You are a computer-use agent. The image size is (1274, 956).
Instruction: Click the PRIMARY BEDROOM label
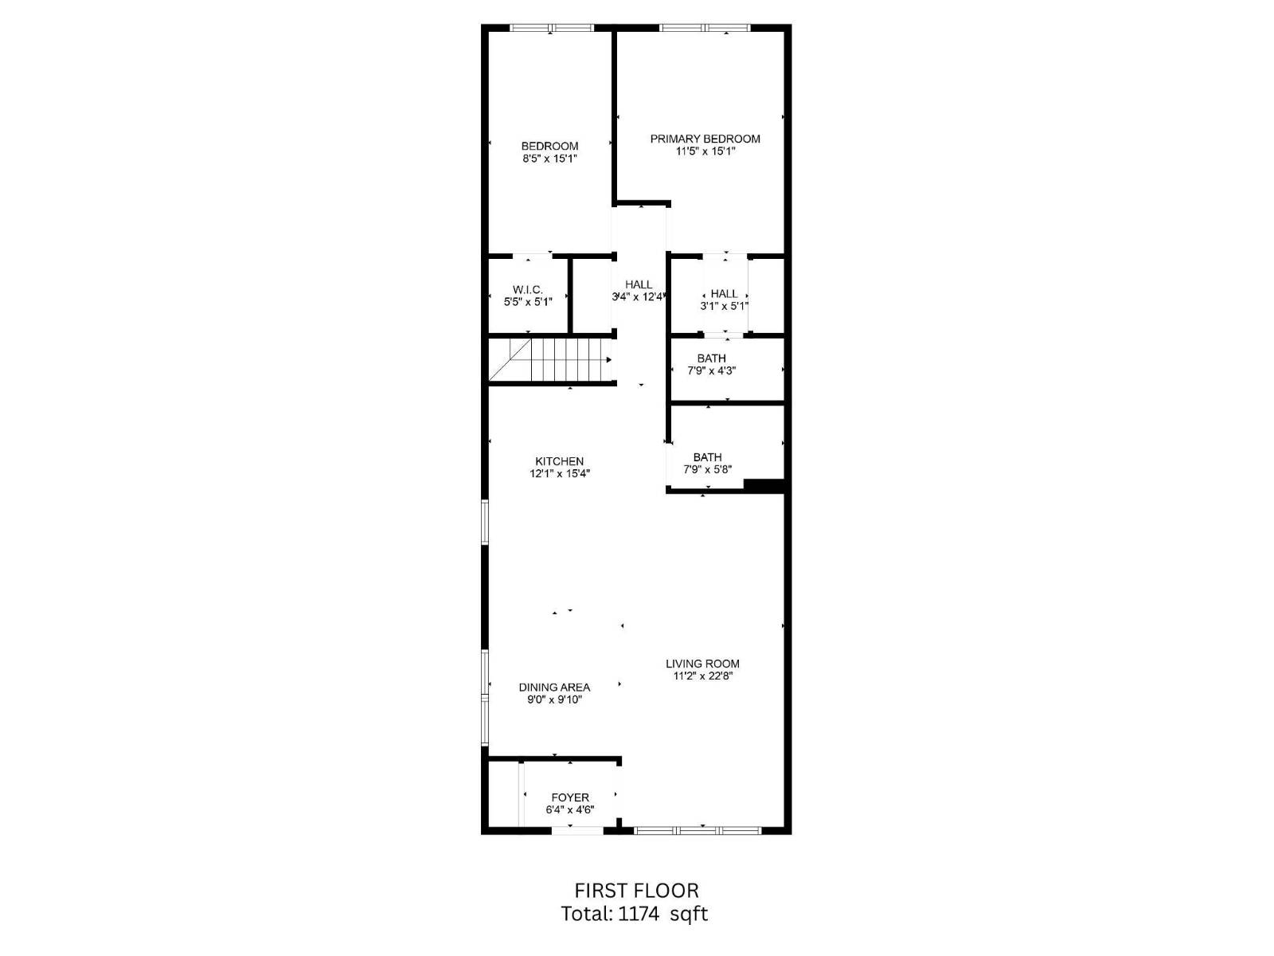pos(705,139)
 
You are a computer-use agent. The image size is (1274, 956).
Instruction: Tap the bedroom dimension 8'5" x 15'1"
pos(549,159)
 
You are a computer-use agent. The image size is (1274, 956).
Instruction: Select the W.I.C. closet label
pos(527,290)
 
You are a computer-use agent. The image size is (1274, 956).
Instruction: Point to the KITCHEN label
pos(559,461)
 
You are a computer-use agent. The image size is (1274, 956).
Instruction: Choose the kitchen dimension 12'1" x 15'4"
pos(560,474)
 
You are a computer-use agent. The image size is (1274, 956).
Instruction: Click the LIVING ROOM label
pos(702,664)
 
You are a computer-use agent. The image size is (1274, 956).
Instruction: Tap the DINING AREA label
pos(554,688)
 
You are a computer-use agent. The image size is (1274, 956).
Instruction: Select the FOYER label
pos(570,797)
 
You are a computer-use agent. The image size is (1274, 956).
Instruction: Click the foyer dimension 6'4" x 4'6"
pos(570,810)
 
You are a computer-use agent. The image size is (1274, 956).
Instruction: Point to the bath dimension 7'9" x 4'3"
pos(712,370)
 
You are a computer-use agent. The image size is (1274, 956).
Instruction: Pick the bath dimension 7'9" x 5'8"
pos(707,470)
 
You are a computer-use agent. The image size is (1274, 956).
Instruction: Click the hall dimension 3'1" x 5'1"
pos(725,306)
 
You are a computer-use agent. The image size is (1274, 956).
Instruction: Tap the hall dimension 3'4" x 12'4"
pos(639,297)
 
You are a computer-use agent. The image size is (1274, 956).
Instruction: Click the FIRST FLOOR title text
pos(636,891)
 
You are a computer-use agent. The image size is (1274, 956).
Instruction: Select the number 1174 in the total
pos(639,914)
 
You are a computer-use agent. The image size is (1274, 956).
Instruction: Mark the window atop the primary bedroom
pos(705,29)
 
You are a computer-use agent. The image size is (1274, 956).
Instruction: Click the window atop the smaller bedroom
pos(552,29)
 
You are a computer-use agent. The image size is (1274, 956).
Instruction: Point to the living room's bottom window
pos(698,831)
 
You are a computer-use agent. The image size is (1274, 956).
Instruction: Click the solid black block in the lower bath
pos(764,484)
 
